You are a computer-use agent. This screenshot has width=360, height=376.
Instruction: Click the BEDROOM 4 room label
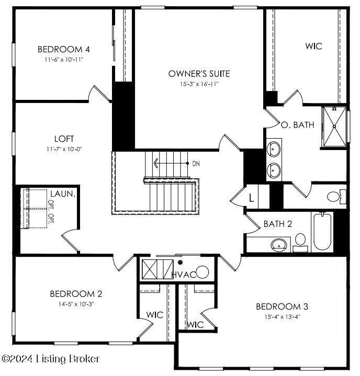tap(64, 49)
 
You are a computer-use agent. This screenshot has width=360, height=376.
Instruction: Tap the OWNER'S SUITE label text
tap(199, 74)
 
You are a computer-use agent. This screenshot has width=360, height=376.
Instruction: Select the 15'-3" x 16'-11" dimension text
tap(199, 84)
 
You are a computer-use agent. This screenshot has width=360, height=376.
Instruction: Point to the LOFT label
tap(64, 139)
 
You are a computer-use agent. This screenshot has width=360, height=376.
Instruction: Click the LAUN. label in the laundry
tap(63, 194)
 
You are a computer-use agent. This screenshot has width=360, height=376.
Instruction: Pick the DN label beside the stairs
tap(196, 164)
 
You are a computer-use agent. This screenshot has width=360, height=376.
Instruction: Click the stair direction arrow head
tap(155, 164)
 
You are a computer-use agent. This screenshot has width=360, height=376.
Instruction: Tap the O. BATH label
tap(297, 125)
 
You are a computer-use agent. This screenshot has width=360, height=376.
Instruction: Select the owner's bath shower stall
tap(334, 127)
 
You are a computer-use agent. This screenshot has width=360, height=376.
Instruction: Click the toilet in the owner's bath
tap(336, 197)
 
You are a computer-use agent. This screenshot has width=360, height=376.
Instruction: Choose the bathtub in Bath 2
tap(322, 232)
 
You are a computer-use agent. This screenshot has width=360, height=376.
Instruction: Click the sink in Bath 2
tap(279, 245)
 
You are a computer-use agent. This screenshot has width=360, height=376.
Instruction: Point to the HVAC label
tap(184, 275)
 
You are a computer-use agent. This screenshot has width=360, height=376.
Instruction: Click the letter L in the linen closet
tap(251, 198)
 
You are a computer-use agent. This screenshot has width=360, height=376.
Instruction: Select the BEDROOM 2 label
tap(76, 294)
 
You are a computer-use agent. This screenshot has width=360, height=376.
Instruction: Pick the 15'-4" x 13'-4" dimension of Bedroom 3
tap(282, 317)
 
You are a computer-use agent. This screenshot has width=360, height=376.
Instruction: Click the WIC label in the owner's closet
tap(313, 46)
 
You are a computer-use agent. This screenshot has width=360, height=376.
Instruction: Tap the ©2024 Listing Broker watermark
tap(50, 359)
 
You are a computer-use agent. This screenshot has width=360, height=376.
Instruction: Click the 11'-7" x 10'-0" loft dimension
tap(64, 149)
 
